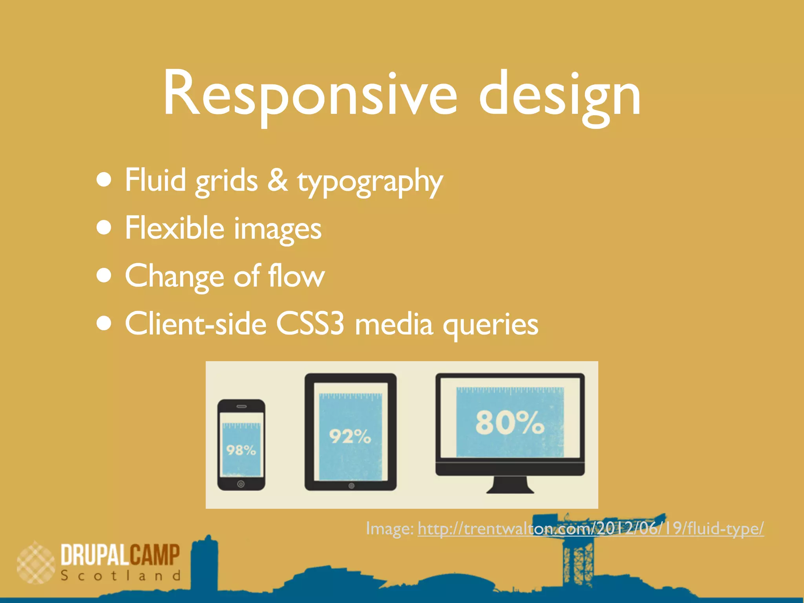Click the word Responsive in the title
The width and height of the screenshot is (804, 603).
(310, 94)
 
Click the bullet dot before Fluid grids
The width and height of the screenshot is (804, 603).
(104, 180)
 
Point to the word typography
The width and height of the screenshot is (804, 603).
(370, 181)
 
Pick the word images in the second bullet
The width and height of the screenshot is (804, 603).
(278, 230)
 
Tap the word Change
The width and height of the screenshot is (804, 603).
(174, 276)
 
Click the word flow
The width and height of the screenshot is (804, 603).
(296, 276)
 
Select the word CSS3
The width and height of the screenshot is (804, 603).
(310, 324)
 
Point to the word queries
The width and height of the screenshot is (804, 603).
(490, 326)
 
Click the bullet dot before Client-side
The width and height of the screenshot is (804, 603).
(104, 323)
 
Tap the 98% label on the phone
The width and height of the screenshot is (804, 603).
(241, 450)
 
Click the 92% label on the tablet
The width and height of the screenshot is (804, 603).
(350, 436)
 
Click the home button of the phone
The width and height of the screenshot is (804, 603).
(241, 484)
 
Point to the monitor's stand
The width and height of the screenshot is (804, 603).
(510, 485)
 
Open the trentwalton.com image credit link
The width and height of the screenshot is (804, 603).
(590, 528)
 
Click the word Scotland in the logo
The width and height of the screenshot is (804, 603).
(121, 576)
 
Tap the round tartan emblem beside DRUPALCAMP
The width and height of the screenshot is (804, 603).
(36, 563)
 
